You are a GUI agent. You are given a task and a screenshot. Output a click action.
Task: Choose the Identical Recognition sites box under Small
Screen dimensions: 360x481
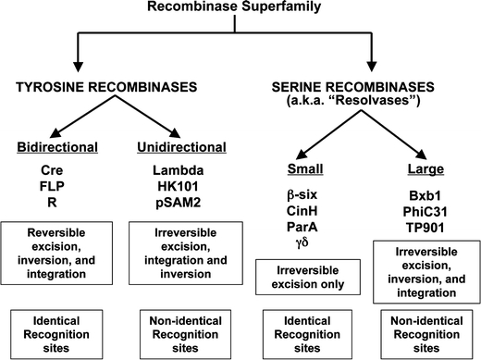(x=305, y=330)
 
